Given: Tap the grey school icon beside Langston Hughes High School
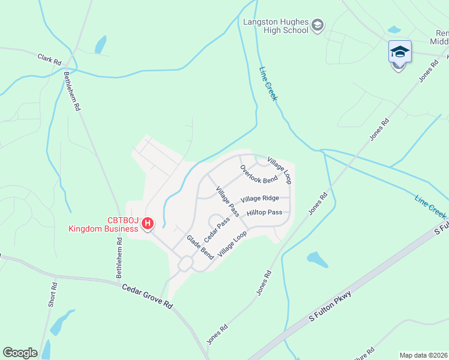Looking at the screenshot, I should click(318, 25).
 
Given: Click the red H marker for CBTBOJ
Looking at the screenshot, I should click(148, 223).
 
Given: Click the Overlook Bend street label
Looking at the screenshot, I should click(259, 174).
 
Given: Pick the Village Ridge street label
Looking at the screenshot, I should click(259, 199).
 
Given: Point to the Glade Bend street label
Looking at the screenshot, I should click(200, 247).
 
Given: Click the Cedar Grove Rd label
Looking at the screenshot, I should click(147, 296).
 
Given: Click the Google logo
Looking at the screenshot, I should click(20, 353).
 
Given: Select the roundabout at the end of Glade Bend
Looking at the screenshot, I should click(185, 263).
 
